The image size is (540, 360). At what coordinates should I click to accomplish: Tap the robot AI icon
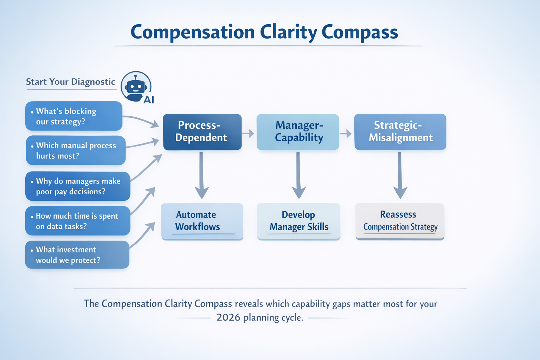click(x=136, y=87)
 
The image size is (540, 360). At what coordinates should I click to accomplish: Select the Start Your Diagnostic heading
click(x=71, y=82)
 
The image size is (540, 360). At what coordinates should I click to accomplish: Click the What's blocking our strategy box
click(x=73, y=116)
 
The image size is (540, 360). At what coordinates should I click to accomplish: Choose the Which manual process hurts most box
click(x=76, y=150)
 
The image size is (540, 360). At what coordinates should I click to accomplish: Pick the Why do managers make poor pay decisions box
click(x=78, y=186)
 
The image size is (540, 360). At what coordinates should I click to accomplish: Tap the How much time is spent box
click(x=78, y=221)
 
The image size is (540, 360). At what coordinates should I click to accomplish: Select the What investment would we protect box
click(x=77, y=255)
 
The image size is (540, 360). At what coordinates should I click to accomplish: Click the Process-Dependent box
click(x=202, y=132)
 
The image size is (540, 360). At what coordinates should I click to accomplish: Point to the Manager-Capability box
click(x=298, y=132)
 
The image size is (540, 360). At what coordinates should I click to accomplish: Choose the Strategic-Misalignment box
click(x=400, y=132)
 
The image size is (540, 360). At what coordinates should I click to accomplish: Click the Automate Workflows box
click(x=202, y=221)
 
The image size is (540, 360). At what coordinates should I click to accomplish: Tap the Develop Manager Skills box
click(x=298, y=221)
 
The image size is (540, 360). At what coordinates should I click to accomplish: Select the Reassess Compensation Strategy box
click(x=400, y=221)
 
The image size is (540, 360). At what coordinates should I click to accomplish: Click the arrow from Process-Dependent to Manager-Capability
click(x=249, y=134)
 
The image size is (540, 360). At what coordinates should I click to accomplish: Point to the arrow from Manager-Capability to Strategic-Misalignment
click(x=346, y=134)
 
